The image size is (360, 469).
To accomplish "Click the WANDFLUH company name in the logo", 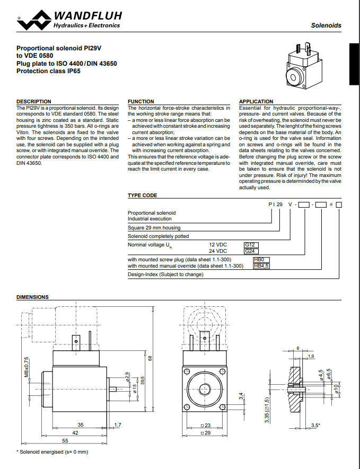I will (87, 16).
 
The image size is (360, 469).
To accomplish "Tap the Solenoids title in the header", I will (326, 25).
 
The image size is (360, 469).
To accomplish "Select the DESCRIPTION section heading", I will (34, 101).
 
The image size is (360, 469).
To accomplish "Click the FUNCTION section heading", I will (141, 101).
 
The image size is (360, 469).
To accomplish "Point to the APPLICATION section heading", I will (256, 101).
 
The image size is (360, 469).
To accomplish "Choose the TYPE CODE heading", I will (143, 195).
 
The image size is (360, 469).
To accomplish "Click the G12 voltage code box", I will (250, 245).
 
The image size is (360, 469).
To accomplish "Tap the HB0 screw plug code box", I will (259, 260).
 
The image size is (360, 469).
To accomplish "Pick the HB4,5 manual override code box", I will (261, 266).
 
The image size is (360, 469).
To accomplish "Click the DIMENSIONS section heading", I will (33, 297).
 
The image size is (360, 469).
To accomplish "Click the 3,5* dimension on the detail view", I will (315, 426).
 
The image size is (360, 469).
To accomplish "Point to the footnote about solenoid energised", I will (52, 452).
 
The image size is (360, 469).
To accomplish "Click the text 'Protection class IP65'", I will (49, 70).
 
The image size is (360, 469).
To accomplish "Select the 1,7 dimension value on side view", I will (118, 425).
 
